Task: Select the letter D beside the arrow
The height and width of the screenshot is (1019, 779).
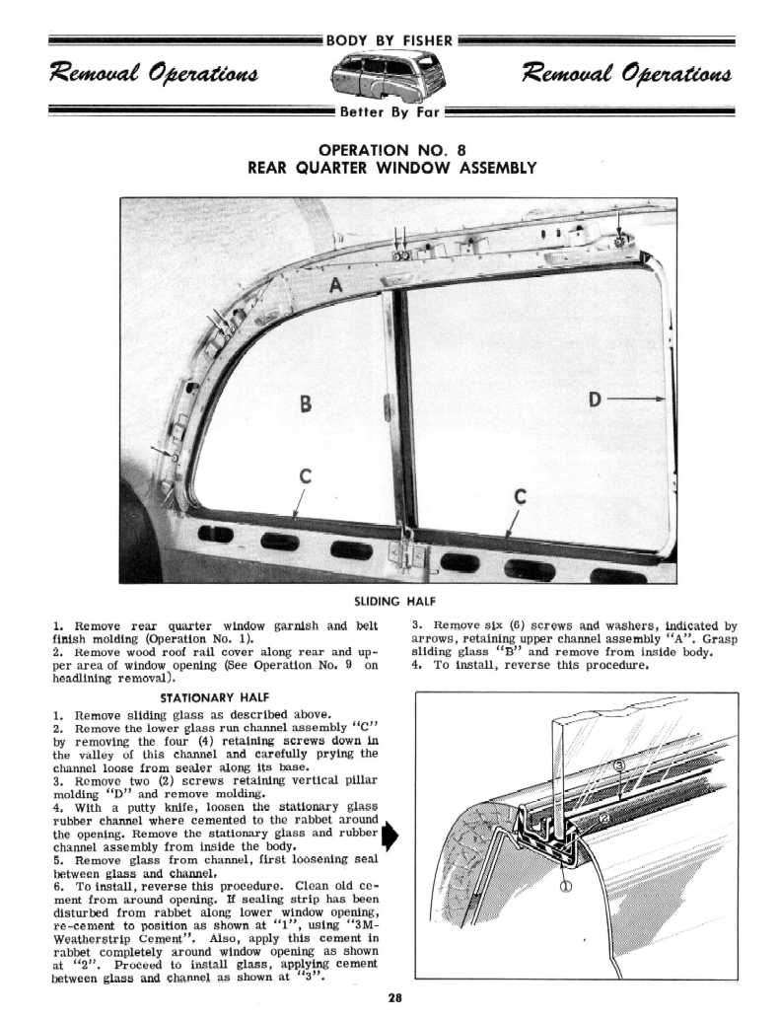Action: (x=595, y=400)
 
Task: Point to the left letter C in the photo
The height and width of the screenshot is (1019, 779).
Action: (x=306, y=476)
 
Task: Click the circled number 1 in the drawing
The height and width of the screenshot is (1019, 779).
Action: (x=566, y=886)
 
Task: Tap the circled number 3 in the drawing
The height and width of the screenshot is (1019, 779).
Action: (x=619, y=766)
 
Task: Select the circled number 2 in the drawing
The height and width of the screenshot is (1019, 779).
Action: (x=603, y=818)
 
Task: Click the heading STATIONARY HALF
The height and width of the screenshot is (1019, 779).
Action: (x=208, y=696)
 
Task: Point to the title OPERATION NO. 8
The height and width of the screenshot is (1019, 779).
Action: (x=391, y=149)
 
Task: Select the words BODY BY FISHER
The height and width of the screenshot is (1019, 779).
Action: (x=391, y=40)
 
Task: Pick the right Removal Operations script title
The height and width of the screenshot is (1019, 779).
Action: (x=627, y=74)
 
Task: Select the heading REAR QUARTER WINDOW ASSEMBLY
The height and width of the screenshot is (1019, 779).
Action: (x=391, y=168)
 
